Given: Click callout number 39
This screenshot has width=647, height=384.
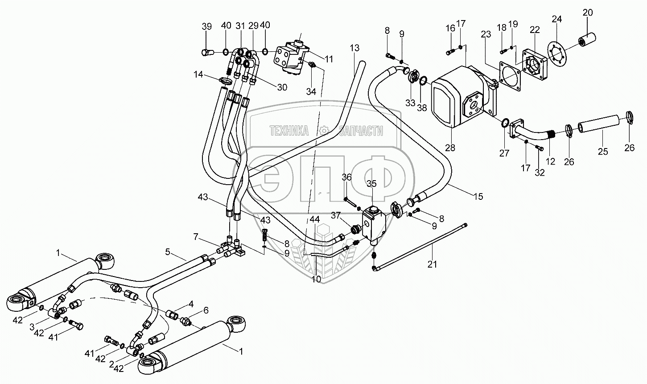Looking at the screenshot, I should point(206,26).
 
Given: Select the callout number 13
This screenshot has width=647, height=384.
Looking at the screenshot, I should point(354,48).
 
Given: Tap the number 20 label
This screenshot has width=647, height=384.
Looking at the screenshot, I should point(588,12).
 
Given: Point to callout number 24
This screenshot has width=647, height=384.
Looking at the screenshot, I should point(557,19).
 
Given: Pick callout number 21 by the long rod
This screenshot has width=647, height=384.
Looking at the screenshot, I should point(432,264).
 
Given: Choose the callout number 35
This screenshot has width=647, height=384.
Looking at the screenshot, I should point(371,184).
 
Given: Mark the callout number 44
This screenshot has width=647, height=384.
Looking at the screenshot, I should point(315,219).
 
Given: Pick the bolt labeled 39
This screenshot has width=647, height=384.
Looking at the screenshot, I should point(207,53).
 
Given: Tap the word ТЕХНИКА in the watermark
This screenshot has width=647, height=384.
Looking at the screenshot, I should point(289,131).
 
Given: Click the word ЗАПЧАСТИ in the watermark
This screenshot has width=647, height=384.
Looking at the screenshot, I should point(361,131).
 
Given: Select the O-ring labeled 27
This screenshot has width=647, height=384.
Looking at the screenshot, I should point(505,123).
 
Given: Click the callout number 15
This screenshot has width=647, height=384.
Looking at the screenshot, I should point(478,196).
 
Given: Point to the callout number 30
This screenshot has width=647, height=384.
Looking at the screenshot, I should point(282,87).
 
